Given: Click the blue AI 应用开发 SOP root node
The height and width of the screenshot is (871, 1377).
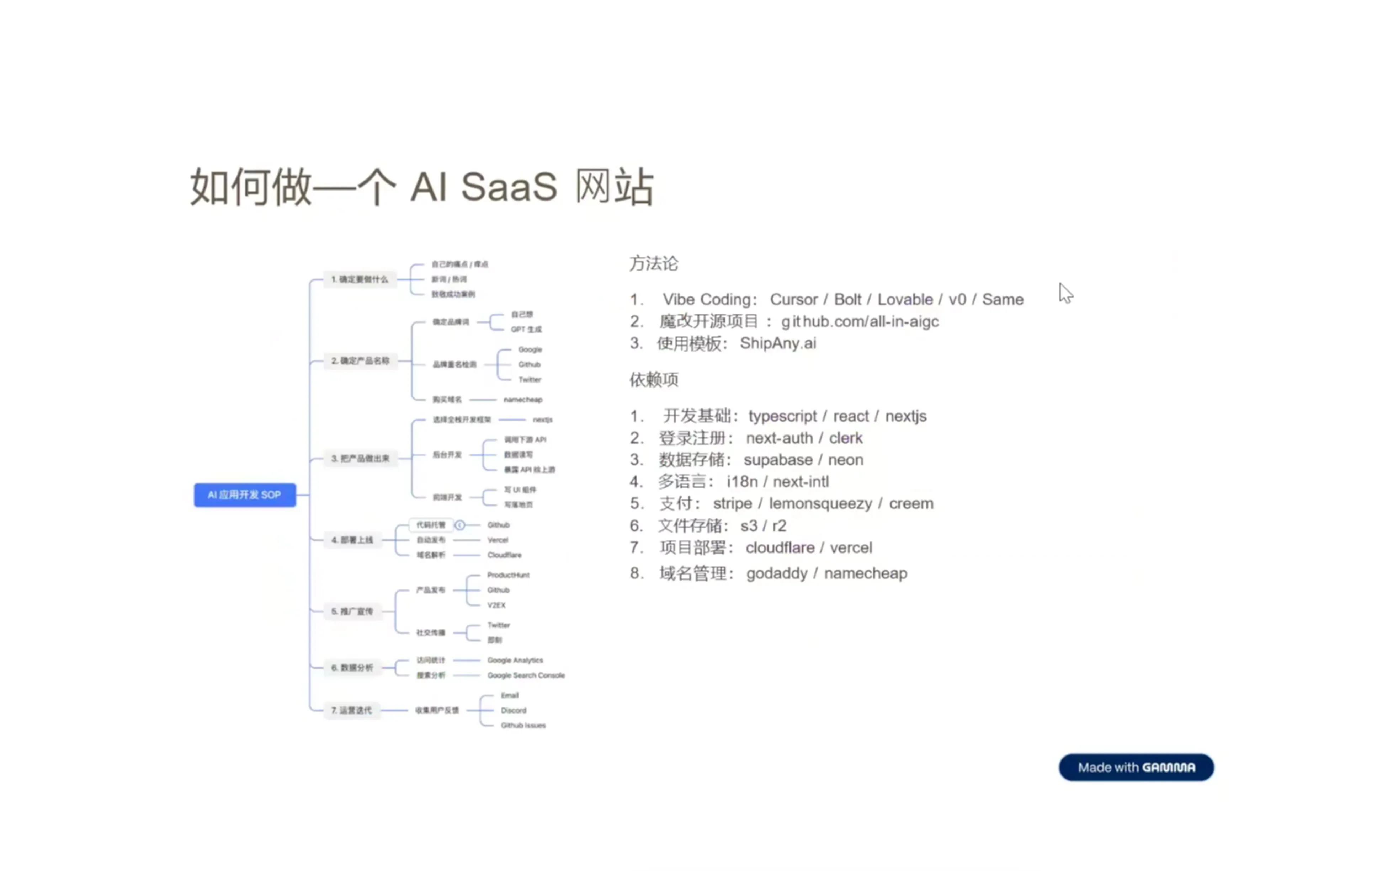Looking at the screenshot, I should (245, 495).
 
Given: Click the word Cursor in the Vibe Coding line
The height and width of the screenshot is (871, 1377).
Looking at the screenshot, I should (794, 299).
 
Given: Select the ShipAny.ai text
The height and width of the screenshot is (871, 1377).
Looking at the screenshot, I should (778, 343).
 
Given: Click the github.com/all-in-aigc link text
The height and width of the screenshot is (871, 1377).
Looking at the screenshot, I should (860, 322).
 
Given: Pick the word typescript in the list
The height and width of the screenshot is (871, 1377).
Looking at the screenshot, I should (782, 416).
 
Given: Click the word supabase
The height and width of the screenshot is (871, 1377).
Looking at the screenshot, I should (778, 460).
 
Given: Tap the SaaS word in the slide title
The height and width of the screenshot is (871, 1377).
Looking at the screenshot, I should (509, 187).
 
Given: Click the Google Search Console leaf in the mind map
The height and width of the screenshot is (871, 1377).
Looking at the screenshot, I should (526, 675).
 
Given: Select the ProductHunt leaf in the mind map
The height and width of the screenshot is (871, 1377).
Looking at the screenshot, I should (508, 575).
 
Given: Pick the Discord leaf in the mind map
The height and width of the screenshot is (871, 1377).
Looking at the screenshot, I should (513, 710).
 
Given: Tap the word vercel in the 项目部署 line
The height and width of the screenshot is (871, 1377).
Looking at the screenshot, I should (851, 548).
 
